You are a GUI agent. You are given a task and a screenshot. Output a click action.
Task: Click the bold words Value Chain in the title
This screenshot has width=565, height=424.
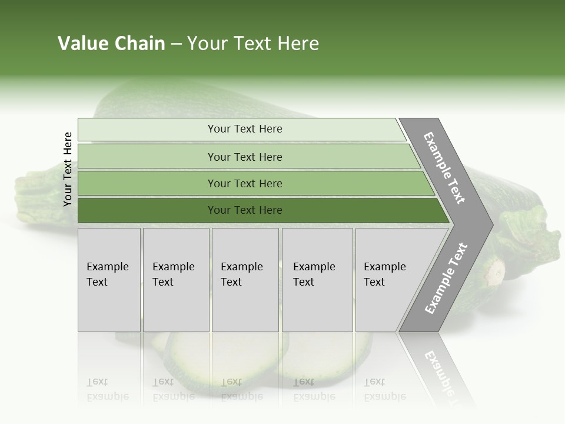click(x=111, y=44)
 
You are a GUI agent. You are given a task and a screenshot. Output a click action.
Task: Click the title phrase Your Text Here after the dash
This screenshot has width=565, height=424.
click(x=253, y=44)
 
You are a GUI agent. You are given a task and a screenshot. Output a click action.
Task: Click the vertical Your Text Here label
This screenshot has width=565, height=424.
click(x=68, y=169)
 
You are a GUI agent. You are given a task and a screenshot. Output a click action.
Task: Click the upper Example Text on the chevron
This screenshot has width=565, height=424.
click(x=444, y=168)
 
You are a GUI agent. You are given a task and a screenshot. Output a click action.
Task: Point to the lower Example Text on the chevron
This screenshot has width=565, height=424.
click(x=446, y=279)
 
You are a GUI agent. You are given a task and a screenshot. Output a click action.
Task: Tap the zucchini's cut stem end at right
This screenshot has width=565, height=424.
click(x=496, y=272)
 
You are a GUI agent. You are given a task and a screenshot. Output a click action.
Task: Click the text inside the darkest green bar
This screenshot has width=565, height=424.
click(x=245, y=210)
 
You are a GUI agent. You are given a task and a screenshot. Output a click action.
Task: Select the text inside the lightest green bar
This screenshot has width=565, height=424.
click(x=245, y=129)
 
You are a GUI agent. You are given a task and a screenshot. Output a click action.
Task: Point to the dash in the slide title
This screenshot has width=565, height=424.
click(x=176, y=44)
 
